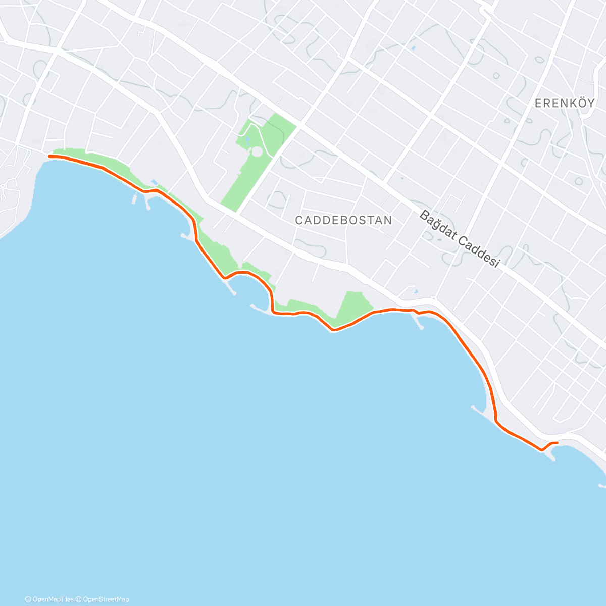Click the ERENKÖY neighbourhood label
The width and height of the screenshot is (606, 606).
coord(564,104)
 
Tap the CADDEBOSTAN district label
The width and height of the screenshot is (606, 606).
coord(343,220)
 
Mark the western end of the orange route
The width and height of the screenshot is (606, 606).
coord(49,157)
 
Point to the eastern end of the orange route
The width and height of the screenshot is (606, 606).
coord(557,443)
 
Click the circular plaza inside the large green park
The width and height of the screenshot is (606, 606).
coord(257,151)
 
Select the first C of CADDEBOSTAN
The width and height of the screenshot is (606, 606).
coord(299,220)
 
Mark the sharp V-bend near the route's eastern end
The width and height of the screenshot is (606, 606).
coord(541,449)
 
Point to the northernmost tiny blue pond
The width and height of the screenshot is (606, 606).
coord(413,48)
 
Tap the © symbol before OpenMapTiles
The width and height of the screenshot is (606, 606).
coord(28,599)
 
